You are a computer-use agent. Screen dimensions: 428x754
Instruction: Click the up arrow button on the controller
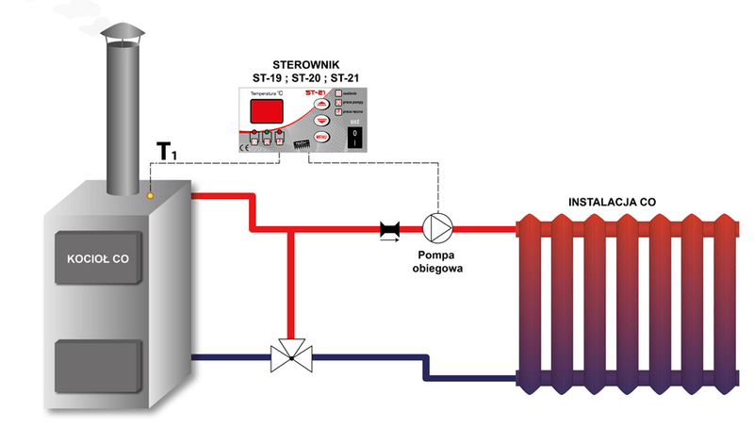click(x=321, y=105)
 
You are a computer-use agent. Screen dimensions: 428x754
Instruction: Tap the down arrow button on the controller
click(x=321, y=121)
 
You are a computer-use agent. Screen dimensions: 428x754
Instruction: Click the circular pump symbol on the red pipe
click(x=436, y=228)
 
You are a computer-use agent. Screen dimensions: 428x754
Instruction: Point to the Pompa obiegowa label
click(x=435, y=261)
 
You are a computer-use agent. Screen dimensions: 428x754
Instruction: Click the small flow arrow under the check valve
click(x=387, y=241)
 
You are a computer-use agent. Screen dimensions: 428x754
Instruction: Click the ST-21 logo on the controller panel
click(x=315, y=92)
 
